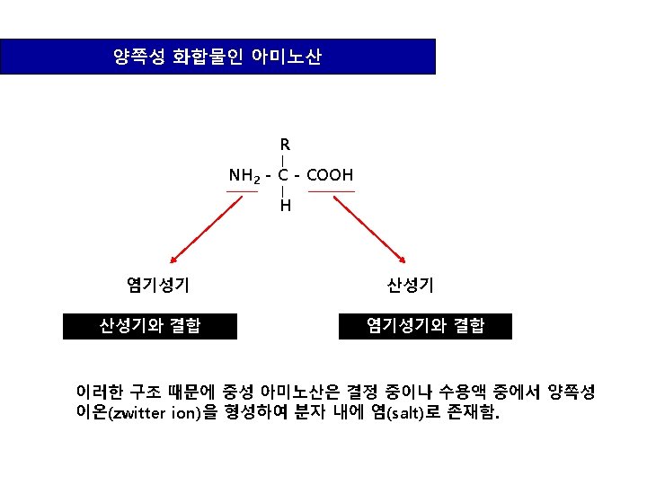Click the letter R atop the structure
click(285, 145)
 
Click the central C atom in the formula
click(283, 175)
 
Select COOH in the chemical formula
click(330, 175)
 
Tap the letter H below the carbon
click(285, 207)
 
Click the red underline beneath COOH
click(331, 191)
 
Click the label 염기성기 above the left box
click(158, 286)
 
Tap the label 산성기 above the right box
click(411, 286)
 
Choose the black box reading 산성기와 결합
click(150, 325)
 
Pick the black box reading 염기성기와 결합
click(425, 325)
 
